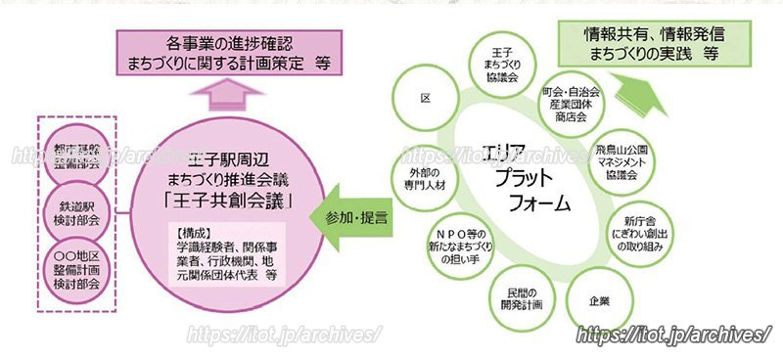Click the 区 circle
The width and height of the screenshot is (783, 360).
pyautogui.click(x=426, y=99)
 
